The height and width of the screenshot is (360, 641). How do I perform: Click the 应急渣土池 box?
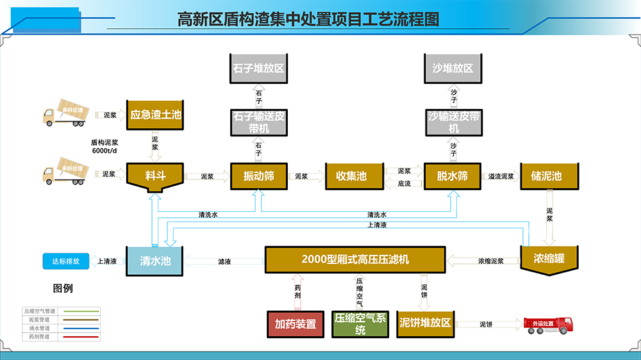pyautogui.click(x=156, y=115)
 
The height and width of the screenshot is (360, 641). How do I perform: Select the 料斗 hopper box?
pyautogui.click(x=156, y=176)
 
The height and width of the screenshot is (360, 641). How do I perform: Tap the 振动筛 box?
pyautogui.click(x=258, y=176)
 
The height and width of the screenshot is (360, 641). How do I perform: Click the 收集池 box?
pyautogui.click(x=351, y=176)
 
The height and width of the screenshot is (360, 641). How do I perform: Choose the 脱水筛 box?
pyautogui.click(x=453, y=176)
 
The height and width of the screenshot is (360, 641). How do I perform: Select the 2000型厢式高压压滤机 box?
pyautogui.click(x=355, y=260)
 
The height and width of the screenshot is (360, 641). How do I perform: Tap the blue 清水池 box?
pyautogui.click(x=155, y=261)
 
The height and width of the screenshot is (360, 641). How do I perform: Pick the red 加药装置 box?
pyautogui.click(x=296, y=323)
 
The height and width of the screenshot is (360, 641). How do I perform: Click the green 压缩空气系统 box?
pyautogui.click(x=360, y=324)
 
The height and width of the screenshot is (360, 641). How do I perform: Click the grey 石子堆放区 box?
pyautogui.click(x=258, y=68)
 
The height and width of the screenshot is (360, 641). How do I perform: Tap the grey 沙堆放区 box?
pyautogui.click(x=453, y=68)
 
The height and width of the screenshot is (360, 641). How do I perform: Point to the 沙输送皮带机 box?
pyautogui.click(x=453, y=122)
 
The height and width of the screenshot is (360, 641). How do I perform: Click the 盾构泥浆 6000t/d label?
pyautogui.click(x=104, y=146)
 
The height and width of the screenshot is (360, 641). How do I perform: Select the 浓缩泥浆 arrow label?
pyautogui.click(x=490, y=261)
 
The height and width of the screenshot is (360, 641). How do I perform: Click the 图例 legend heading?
pyautogui.click(x=63, y=288)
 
